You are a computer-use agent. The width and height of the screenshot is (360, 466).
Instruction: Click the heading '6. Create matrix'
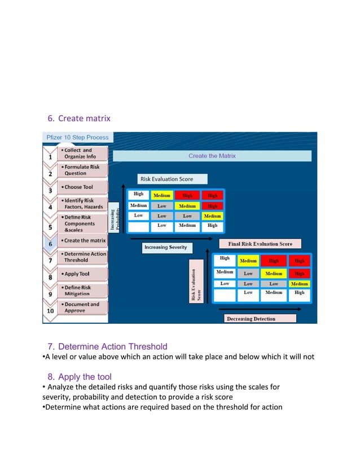[x=78, y=118]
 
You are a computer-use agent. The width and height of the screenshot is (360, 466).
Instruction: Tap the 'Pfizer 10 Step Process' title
[x=77, y=137]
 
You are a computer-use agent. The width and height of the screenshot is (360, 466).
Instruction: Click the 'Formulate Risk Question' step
[x=82, y=170]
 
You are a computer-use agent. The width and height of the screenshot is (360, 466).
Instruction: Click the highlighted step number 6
[x=50, y=243]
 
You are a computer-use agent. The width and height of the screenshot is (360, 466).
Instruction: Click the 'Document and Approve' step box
[x=82, y=307]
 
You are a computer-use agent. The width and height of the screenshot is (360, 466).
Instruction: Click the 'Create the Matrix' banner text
[x=212, y=156]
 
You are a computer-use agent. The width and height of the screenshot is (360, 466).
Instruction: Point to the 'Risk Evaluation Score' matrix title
[x=166, y=179]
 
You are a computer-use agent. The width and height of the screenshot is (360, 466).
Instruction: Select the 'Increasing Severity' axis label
[x=165, y=247]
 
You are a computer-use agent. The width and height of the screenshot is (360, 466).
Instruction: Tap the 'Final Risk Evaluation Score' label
[x=260, y=244]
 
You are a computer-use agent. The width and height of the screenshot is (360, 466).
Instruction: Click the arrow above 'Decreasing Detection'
[x=265, y=309]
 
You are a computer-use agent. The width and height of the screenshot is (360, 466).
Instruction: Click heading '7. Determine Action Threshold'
[x=107, y=346]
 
